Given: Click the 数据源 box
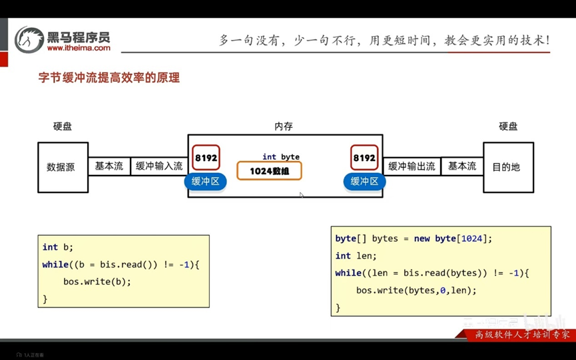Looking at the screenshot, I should tap(63, 168).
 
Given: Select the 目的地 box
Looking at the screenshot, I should tap(507, 168).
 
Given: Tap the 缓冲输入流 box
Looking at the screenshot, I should tap(159, 166).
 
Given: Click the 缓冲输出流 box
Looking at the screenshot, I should tap(412, 166).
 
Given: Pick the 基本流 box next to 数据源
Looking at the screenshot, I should tap(109, 166).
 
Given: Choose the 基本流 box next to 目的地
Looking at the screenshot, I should tap(462, 166).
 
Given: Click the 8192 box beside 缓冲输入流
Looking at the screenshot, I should tap(206, 158).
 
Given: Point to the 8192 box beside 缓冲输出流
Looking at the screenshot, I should tap(364, 158).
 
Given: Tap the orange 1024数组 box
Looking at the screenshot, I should tap(269, 171).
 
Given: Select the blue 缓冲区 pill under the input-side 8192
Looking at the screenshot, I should tap(205, 182).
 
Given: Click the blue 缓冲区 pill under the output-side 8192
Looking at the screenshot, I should tap(364, 182).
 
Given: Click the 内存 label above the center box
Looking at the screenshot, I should tap(284, 126).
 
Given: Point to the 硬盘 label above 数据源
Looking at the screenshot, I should tap(63, 126).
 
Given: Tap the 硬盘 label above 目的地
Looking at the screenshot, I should tap(508, 126).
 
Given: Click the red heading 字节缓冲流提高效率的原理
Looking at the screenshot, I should tap(109, 78).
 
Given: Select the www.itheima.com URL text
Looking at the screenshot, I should tap(79, 48).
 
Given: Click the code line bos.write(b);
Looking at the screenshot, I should tap(97, 281).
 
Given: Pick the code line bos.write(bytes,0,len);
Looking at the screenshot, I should tap(417, 290).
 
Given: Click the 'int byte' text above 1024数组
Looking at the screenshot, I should tap(281, 157).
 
